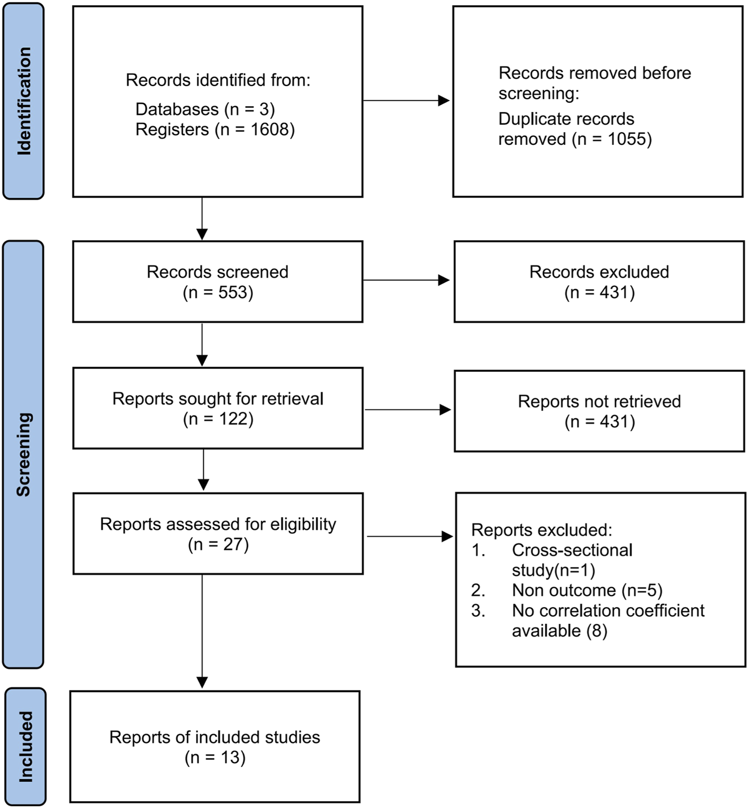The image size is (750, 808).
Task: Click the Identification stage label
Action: [x=24, y=101]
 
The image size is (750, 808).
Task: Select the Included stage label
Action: [x=25, y=746]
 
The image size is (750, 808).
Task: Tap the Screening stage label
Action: [x=24, y=454]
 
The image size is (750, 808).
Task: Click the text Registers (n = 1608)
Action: [x=215, y=129]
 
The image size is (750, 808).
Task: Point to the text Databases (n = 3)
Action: [x=205, y=109]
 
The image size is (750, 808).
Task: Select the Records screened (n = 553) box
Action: [x=217, y=282]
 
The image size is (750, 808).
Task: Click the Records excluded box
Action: [x=599, y=282]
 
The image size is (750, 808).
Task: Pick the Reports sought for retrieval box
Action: [x=217, y=408]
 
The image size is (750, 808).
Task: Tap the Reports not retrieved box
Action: [x=599, y=411]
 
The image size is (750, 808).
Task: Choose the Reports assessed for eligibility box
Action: [x=217, y=533]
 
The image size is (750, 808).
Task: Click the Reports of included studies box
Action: [x=215, y=746]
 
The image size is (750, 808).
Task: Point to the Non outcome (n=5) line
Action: [x=587, y=590]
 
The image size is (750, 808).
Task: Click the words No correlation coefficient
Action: [x=607, y=611]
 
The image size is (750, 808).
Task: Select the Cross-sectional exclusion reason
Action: [x=572, y=551]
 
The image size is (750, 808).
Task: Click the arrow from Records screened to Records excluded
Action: [x=406, y=280]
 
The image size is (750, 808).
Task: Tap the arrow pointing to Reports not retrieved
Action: [x=408, y=410]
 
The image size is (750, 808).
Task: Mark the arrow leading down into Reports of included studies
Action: [x=202, y=632]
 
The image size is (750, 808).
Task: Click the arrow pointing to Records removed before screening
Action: [x=406, y=101]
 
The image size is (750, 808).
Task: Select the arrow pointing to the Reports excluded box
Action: [x=410, y=537]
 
